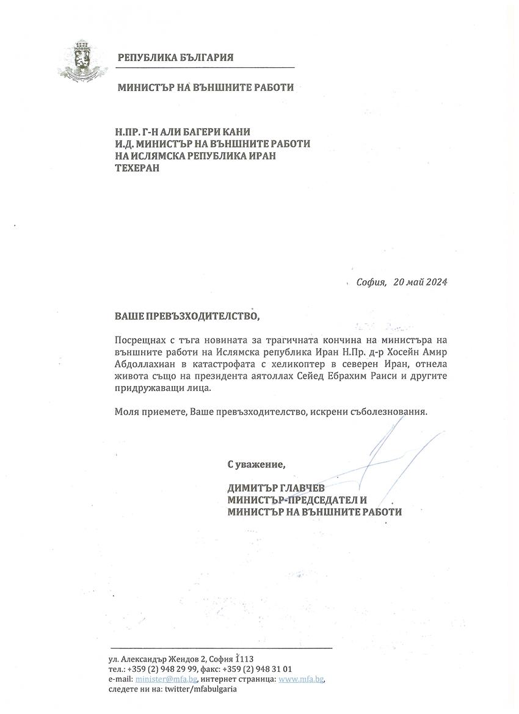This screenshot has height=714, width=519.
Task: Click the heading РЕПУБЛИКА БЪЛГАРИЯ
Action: (176, 58)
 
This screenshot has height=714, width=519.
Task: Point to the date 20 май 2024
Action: (421, 282)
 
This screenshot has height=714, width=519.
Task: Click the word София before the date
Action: (371, 282)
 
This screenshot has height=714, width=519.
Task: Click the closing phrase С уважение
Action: (256, 464)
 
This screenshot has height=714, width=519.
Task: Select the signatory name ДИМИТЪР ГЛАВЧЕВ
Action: (276, 489)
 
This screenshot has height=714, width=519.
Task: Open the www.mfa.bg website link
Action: (301, 679)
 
